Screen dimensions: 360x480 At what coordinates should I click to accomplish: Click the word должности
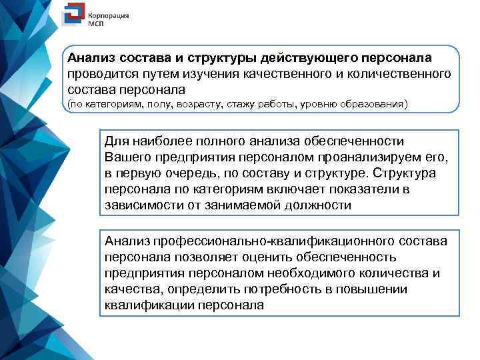(317, 206)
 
